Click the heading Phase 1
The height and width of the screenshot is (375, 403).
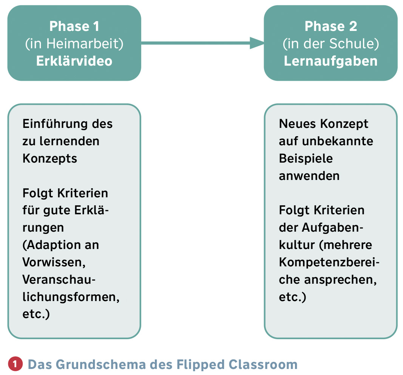pos(74,26)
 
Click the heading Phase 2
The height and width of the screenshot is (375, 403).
pos(331,26)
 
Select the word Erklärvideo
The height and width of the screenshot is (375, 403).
pos(74,61)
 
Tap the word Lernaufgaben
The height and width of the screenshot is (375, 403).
pos(331,61)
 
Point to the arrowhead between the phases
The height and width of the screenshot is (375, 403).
pos(257,43)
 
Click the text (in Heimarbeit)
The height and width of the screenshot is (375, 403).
pos(74,44)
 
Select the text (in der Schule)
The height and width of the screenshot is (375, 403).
pos(331,44)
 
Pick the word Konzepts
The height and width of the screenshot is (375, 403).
pos(50,159)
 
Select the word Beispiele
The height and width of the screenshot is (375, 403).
pos(306,158)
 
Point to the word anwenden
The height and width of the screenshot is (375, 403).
pos(309,176)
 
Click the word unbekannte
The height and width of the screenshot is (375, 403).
pos(338,141)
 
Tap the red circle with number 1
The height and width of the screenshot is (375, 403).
pos(15,364)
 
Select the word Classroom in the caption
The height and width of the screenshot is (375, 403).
pos(263,364)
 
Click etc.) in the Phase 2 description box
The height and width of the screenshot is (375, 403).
pos(292,297)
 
